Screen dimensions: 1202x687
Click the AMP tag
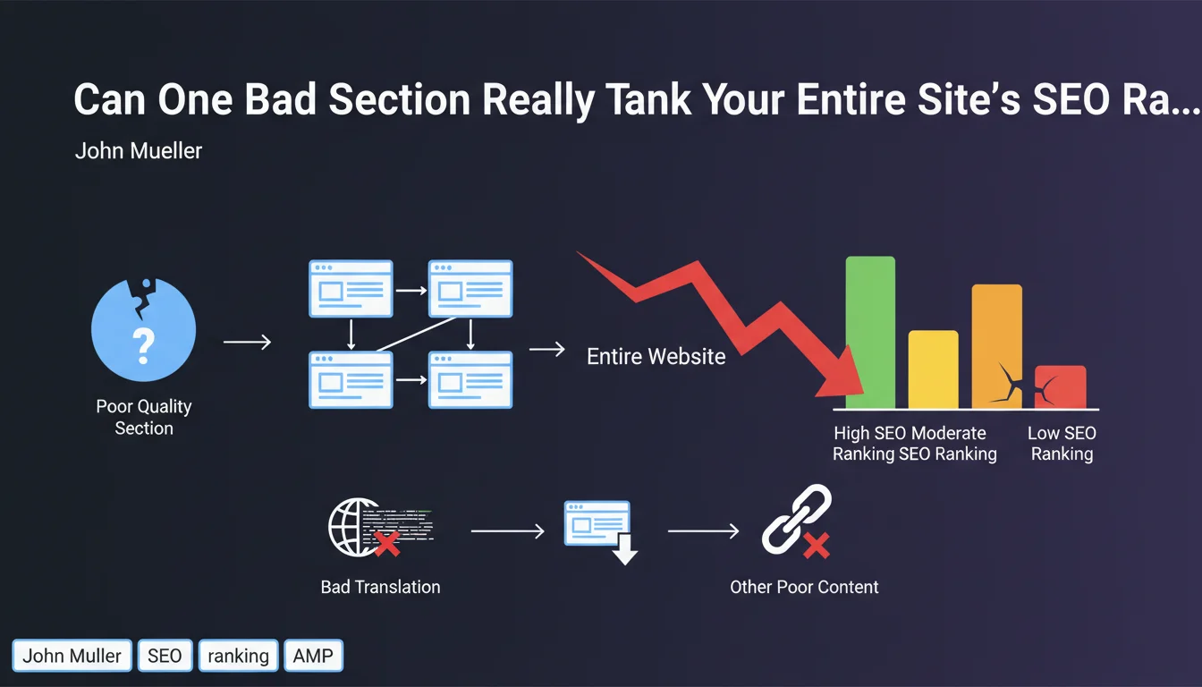coord(313,656)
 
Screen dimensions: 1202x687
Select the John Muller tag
coord(72,656)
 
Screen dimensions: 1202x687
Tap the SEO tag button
coord(165,656)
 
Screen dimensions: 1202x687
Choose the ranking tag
coord(238,656)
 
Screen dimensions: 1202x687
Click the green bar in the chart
coord(870,332)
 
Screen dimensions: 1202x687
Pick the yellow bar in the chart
coord(933,369)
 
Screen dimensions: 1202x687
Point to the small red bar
coord(1061,387)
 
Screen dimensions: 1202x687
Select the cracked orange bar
coord(997,346)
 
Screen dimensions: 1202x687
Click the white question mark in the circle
coord(143,346)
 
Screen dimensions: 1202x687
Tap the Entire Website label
coord(656,356)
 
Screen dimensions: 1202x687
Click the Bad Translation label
coord(380,587)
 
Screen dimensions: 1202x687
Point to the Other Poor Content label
coord(804,587)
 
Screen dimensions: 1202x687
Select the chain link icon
coord(796,519)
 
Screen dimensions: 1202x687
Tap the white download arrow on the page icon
coord(624,549)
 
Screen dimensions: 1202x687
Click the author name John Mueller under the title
coord(139,151)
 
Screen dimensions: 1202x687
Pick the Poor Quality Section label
coord(144,417)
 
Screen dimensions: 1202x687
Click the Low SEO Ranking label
coord(1062,444)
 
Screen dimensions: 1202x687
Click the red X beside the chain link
coord(817,546)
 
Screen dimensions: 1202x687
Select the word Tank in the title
coord(648,99)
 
